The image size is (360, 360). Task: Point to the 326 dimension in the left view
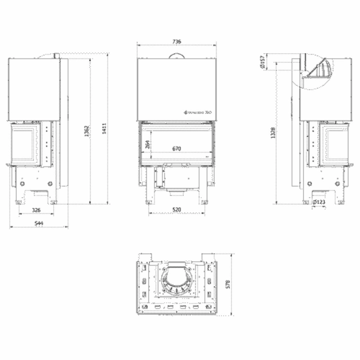pos(36,210)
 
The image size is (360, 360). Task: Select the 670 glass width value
pos(177,149)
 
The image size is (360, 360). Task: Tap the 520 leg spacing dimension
pos(177,210)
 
